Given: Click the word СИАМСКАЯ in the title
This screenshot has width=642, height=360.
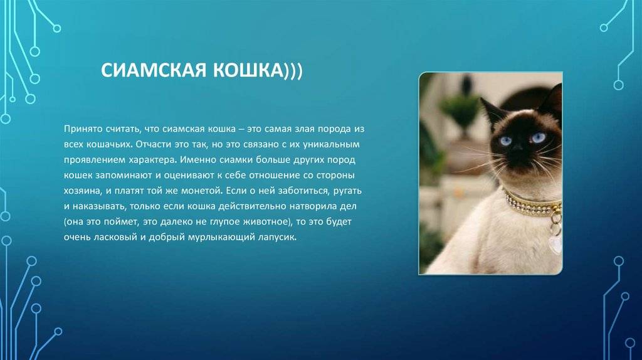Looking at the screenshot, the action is tap(154, 70).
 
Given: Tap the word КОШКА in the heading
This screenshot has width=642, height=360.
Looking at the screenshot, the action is tap(248, 70).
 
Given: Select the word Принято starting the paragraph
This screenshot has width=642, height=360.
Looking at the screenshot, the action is tap(82, 129).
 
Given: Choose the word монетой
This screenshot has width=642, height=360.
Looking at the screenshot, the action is tap(203, 191).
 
